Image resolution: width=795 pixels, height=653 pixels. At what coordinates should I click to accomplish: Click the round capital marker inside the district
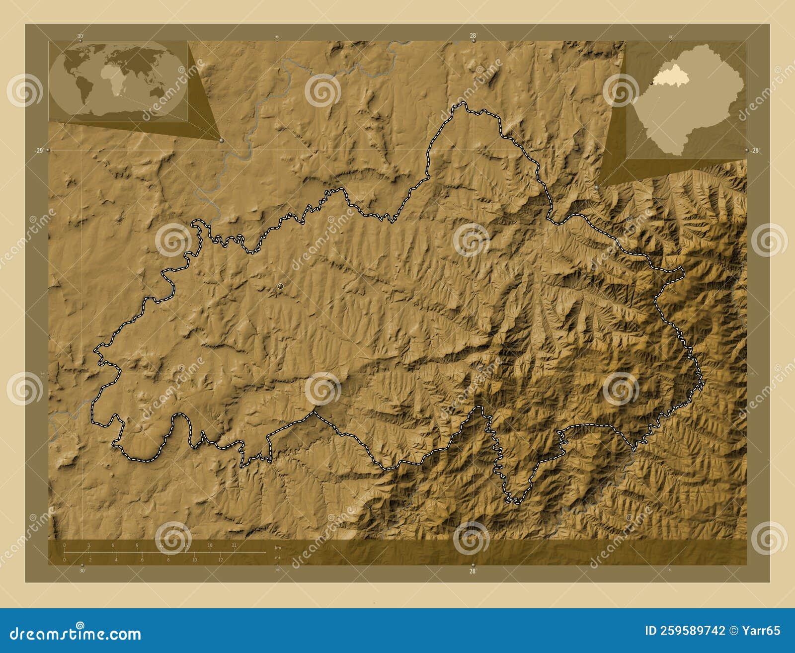click(281, 286)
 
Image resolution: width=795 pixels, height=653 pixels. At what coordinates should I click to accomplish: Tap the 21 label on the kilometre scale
click(234, 545)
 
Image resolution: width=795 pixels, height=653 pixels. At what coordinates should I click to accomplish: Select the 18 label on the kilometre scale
click(210, 545)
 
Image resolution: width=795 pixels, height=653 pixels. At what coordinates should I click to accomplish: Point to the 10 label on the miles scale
click(194, 560)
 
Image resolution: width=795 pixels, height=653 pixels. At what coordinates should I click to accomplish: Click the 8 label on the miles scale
click(168, 560)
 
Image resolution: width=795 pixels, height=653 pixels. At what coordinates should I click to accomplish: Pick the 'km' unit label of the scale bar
click(278, 548)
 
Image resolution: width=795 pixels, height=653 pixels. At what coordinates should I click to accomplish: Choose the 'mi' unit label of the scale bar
click(277, 558)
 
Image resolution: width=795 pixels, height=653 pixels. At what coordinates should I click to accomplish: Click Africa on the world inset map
click(112, 80)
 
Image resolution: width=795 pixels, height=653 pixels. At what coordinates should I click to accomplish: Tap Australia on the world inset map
click(157, 91)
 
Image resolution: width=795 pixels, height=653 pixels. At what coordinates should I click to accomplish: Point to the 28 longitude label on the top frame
click(473, 35)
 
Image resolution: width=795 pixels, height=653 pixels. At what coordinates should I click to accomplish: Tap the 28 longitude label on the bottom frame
click(473, 571)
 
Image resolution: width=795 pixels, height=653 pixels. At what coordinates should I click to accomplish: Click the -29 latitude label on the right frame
click(755, 151)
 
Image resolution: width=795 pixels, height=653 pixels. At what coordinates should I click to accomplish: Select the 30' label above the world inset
click(80, 35)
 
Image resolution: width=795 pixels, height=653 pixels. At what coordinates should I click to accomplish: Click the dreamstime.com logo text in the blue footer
click(76, 634)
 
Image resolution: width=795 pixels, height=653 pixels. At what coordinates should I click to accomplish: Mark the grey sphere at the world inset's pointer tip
click(221, 141)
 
